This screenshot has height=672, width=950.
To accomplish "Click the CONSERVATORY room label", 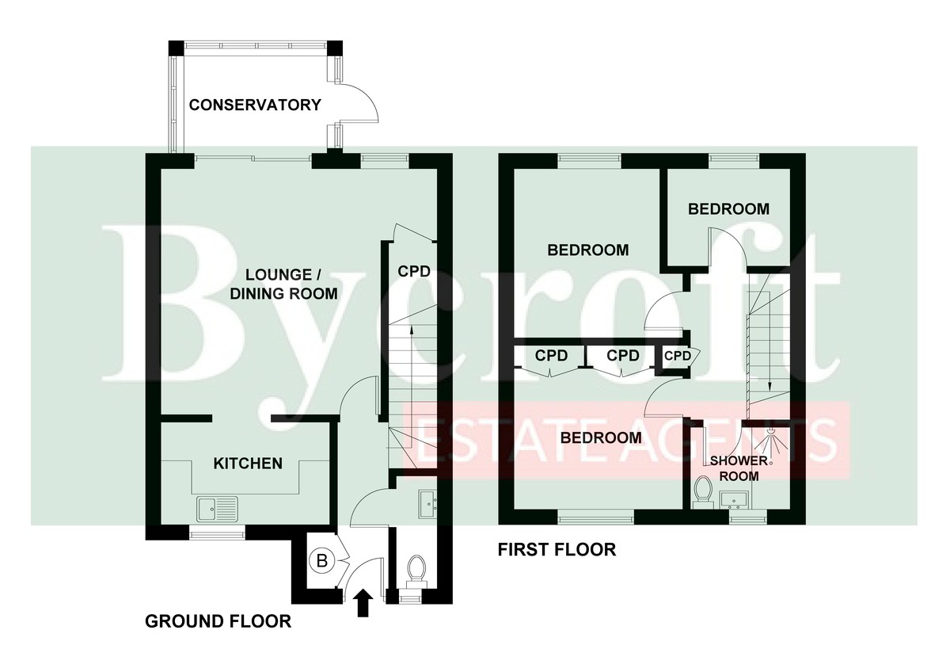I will point(254,105).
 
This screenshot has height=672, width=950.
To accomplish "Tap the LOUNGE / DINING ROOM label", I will point(291,284).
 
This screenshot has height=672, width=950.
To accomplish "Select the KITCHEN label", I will point(248,463).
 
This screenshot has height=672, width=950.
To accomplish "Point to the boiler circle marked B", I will point(322,561).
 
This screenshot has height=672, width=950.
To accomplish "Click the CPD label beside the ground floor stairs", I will point(413,271).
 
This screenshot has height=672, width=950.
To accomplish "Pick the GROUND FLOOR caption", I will point(218,621).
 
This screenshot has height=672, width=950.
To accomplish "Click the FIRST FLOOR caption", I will point(557,549).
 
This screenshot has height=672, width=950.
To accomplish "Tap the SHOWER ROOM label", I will point(739,468).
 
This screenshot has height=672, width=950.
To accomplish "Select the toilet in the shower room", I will point(701,491).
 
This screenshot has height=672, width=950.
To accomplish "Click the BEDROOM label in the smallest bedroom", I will point(728,209).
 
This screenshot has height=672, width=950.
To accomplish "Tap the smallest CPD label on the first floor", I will point(677,356).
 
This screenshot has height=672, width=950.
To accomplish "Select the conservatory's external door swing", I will point(358,105).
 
